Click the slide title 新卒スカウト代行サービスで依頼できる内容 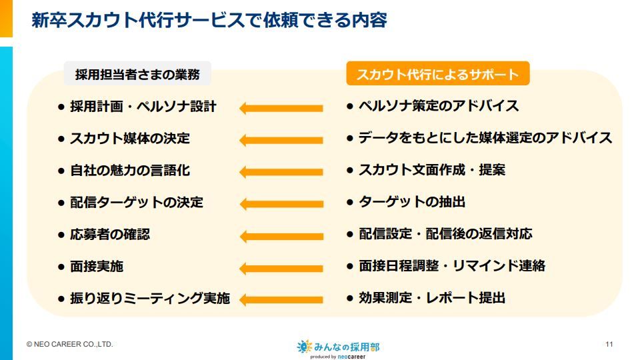(x=209, y=20)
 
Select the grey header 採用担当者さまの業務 (x=137, y=74)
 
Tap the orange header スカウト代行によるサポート (x=437, y=74)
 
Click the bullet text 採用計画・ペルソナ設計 (x=143, y=107)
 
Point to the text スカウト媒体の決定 (x=130, y=139)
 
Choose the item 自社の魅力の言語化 (x=130, y=170)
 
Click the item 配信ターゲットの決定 (x=137, y=202)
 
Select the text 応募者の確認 (x=110, y=234)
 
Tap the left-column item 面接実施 (x=97, y=266)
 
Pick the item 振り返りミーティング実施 (x=150, y=298)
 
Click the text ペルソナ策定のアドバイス (x=439, y=106)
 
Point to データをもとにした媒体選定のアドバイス (x=485, y=138)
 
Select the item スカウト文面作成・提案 (x=432, y=170)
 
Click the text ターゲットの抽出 (x=412, y=201)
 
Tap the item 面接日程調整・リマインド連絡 (x=452, y=266)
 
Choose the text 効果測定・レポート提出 (x=432, y=297)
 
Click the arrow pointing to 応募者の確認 (x=281, y=236)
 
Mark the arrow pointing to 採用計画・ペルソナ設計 (x=281, y=108)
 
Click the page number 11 (x=609, y=344)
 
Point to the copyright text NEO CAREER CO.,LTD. (x=70, y=344)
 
